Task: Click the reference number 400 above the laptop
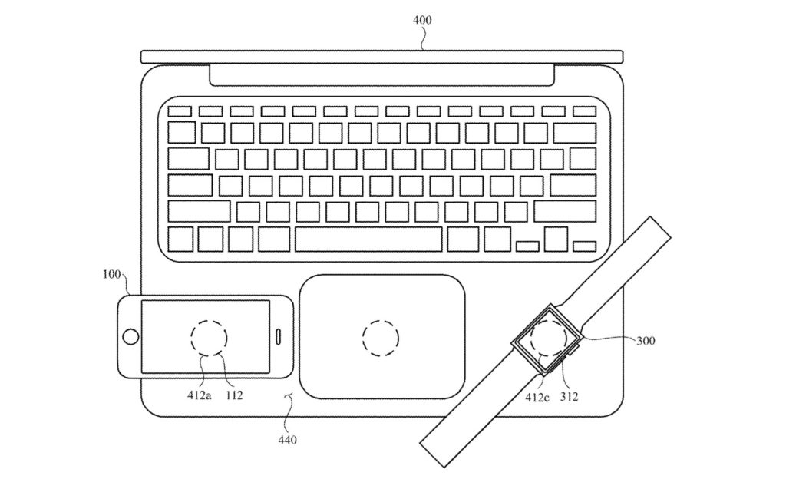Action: pyautogui.click(x=422, y=21)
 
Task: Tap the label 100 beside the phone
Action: pyautogui.click(x=111, y=274)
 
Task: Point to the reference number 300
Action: pyautogui.click(x=646, y=340)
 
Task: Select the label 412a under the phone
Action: pyautogui.click(x=198, y=397)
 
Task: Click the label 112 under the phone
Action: pyautogui.click(x=234, y=397)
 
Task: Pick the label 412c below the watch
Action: pyautogui.click(x=537, y=397)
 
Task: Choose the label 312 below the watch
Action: pyautogui.click(x=569, y=397)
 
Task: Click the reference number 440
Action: pyautogui.click(x=288, y=440)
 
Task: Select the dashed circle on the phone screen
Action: pyautogui.click(x=209, y=337)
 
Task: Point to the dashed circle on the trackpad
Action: pyautogui.click(x=381, y=337)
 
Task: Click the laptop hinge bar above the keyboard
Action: pyautogui.click(x=381, y=75)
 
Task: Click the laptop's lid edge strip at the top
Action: pyautogui.click(x=381, y=57)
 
